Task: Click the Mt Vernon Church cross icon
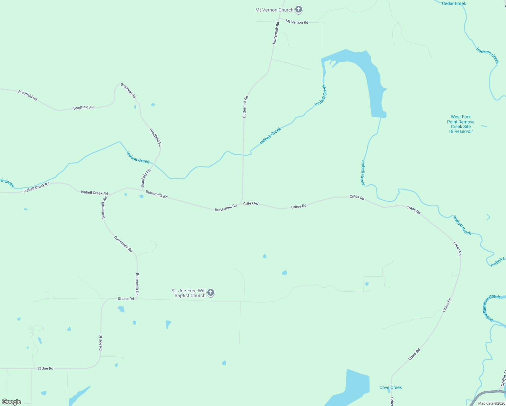(298, 9)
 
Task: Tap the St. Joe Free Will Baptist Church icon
(211, 293)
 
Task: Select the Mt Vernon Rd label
(297, 22)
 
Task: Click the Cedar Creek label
(454, 3)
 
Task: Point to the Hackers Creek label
(487, 55)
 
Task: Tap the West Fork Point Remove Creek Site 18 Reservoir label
(461, 124)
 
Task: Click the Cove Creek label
(391, 387)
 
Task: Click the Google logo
(11, 402)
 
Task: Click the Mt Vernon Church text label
(274, 10)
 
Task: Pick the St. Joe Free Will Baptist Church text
(188, 293)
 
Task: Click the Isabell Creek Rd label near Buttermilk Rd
(94, 193)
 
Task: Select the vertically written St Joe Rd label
(101, 342)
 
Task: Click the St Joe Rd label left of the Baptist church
(126, 299)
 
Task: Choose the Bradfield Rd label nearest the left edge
(28, 95)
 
